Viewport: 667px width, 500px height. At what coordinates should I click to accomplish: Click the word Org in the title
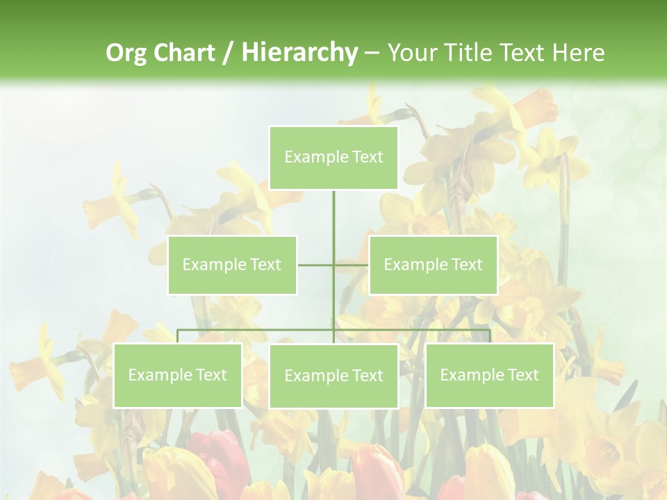tap(126, 53)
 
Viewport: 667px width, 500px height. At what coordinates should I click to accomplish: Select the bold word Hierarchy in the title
tap(299, 53)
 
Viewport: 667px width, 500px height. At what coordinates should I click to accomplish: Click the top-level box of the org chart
tap(333, 158)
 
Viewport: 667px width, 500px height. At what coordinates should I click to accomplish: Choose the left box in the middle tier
tap(232, 265)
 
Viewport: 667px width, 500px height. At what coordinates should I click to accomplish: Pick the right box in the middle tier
tap(433, 265)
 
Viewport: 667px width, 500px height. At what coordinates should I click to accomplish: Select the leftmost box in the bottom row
tap(177, 375)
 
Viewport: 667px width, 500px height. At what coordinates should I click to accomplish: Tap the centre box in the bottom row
tap(333, 376)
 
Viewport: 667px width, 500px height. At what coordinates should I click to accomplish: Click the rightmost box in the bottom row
tap(489, 375)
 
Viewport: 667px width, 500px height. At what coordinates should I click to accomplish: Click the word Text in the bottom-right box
tap(523, 375)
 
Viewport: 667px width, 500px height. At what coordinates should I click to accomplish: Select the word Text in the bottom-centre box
tap(368, 376)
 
